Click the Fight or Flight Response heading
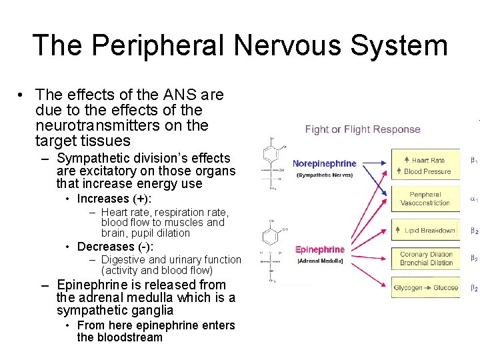(363, 129)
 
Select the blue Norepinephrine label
(325, 163)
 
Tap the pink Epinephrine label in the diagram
(320, 250)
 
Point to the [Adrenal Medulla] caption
(320, 261)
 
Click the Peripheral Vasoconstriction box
(426, 199)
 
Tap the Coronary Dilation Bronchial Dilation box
(426, 258)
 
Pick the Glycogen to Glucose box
(426, 288)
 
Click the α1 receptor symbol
(474, 199)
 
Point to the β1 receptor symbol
(474, 160)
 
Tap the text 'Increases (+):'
(114, 199)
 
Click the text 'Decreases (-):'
(115, 247)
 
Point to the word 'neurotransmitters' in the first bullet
(121, 125)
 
